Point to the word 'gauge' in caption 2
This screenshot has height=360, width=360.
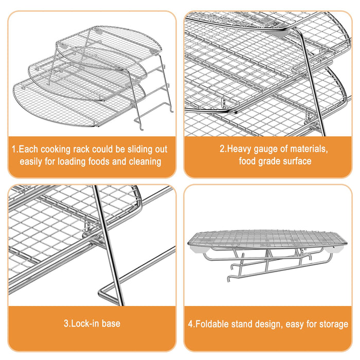[266, 150]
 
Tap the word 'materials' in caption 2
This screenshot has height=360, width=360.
[309, 149]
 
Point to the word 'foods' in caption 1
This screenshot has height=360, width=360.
[99, 161]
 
